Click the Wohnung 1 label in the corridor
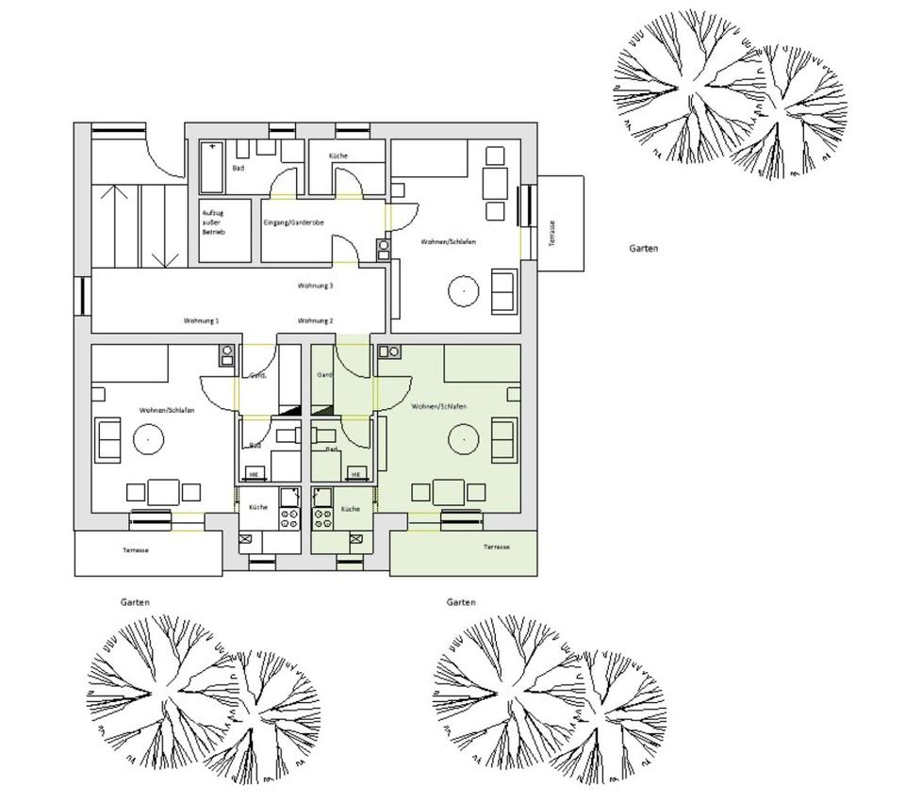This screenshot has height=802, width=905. (201, 321)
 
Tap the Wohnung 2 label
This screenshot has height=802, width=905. (315, 321)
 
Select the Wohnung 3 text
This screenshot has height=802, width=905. (315, 286)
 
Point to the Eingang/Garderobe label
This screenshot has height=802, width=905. (292, 223)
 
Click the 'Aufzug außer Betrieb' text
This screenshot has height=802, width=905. (213, 221)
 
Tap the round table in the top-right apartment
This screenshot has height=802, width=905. (463, 291)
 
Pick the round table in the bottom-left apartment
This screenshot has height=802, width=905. (147, 438)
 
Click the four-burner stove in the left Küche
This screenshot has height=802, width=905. (289, 516)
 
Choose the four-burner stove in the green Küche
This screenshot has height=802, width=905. (323, 516)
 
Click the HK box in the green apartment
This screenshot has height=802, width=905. (355, 473)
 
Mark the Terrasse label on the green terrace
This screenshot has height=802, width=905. (497, 548)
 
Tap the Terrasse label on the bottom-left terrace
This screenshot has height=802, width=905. (136, 550)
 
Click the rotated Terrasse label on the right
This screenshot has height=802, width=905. (551, 233)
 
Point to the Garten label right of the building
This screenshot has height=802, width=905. (644, 249)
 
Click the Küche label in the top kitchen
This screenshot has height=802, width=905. (339, 155)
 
